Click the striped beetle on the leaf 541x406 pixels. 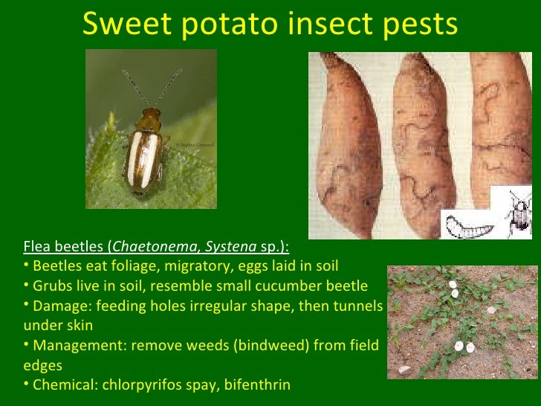tap(145, 149)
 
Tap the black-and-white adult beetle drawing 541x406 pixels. tap(520, 212)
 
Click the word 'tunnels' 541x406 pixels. tap(357, 306)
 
